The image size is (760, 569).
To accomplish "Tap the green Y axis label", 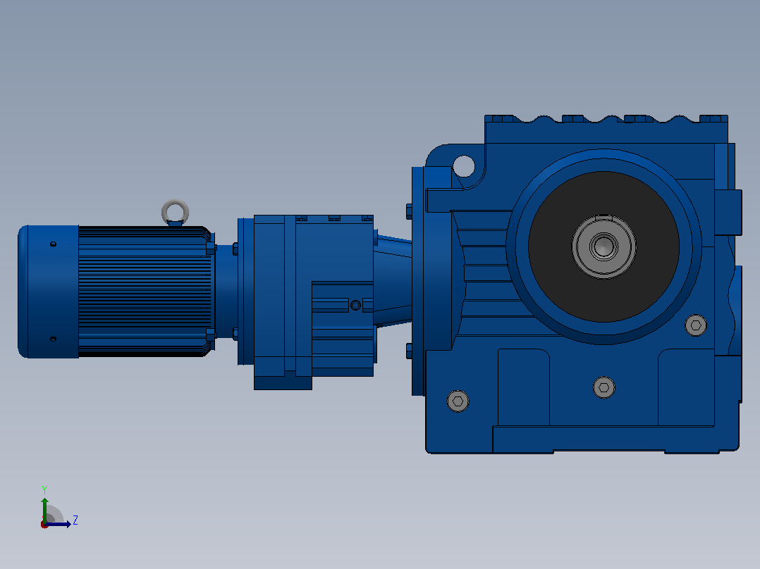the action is tap(44, 489).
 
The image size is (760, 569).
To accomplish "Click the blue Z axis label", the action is tap(75, 520).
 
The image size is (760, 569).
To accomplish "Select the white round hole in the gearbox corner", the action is tap(463, 166).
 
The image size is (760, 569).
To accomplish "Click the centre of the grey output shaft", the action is tap(603, 246).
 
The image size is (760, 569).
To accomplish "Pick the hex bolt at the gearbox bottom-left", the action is tap(458, 401).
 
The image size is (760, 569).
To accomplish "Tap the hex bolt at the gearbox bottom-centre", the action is tap(604, 387).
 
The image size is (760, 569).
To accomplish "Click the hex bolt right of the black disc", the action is tap(696, 325).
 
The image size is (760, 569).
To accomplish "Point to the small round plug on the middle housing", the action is tap(355, 305).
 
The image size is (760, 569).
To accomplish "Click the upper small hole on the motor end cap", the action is tap(54, 244).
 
